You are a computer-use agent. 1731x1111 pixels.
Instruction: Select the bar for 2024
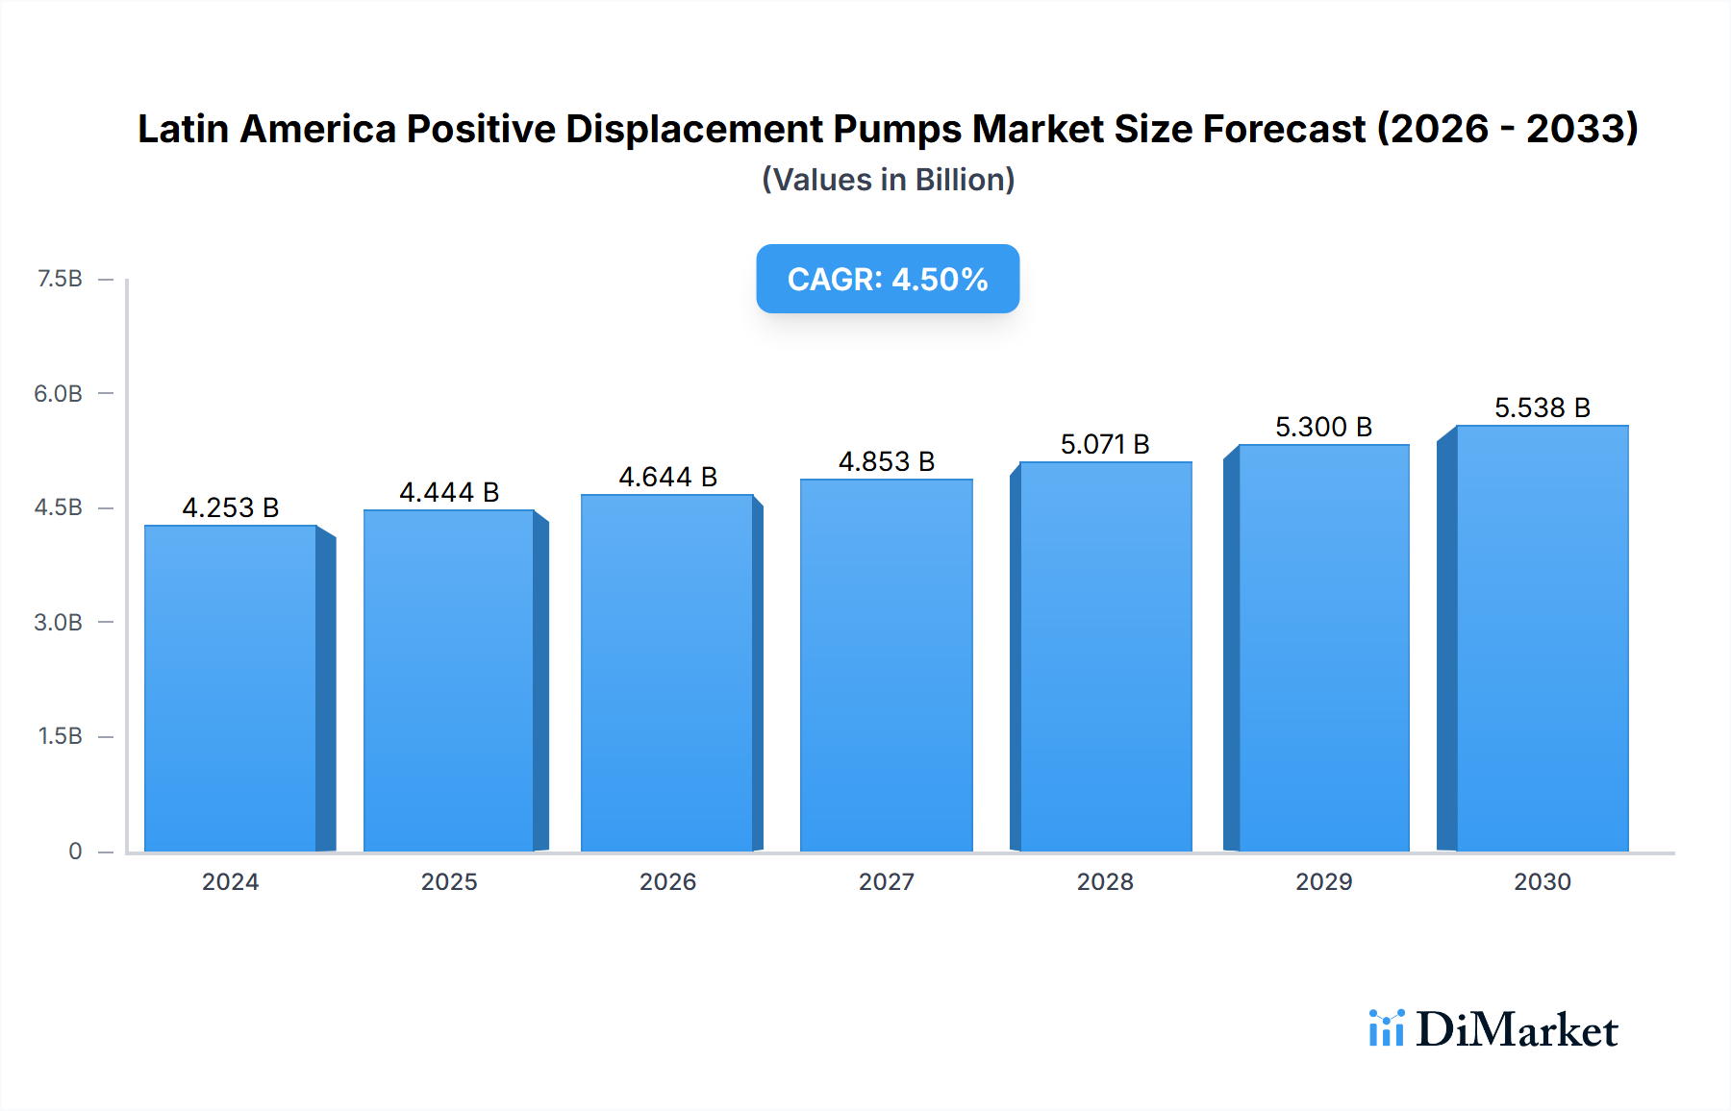click(x=231, y=688)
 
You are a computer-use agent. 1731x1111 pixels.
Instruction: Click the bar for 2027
click(x=886, y=665)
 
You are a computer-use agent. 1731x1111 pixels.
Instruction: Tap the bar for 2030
click(x=1542, y=638)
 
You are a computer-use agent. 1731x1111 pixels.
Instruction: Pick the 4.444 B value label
click(x=449, y=492)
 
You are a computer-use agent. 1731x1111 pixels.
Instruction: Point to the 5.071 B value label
click(x=1105, y=444)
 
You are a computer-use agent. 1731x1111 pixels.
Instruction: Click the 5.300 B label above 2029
click(x=1323, y=427)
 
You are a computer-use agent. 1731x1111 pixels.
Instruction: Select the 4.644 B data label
click(x=667, y=477)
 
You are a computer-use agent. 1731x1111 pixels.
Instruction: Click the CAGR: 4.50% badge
click(x=888, y=279)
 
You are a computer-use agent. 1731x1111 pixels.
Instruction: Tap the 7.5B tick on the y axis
click(x=60, y=279)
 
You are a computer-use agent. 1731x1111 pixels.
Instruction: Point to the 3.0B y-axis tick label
click(x=59, y=622)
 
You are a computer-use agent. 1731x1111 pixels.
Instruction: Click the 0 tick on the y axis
click(x=75, y=851)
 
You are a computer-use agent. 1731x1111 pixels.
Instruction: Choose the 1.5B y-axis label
click(x=60, y=736)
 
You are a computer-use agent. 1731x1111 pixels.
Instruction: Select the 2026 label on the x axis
click(x=667, y=881)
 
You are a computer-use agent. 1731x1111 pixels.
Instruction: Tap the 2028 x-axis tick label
click(x=1105, y=881)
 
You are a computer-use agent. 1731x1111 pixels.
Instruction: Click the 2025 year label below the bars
click(x=449, y=881)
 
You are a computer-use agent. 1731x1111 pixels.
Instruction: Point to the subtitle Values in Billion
click(x=888, y=180)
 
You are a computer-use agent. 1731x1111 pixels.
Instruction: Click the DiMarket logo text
click(x=1517, y=1029)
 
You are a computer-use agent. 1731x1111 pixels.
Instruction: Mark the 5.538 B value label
click(x=1542, y=407)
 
